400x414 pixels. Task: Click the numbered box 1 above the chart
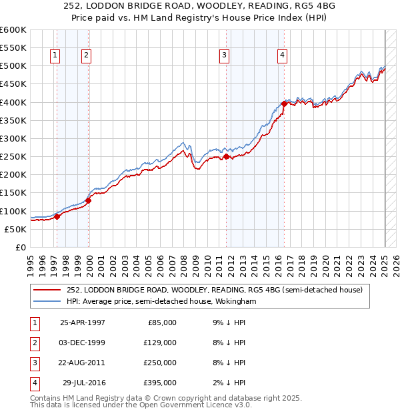coord(54,55)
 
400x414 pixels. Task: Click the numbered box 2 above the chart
coord(87,55)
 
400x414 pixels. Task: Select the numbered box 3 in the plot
coord(225,55)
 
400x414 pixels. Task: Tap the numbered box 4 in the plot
coord(283,55)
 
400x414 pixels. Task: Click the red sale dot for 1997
coord(57,216)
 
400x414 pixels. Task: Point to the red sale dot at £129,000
coord(88,200)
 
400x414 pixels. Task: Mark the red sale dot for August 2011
coord(226,156)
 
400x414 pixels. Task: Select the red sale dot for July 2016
coord(285,103)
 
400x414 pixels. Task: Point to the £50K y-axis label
coord(16,229)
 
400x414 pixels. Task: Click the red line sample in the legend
coord(47,290)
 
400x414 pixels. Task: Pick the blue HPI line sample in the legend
coord(47,301)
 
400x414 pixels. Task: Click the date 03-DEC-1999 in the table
coord(83,343)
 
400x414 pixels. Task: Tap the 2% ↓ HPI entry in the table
coord(231,383)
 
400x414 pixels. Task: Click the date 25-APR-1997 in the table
coord(83,323)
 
